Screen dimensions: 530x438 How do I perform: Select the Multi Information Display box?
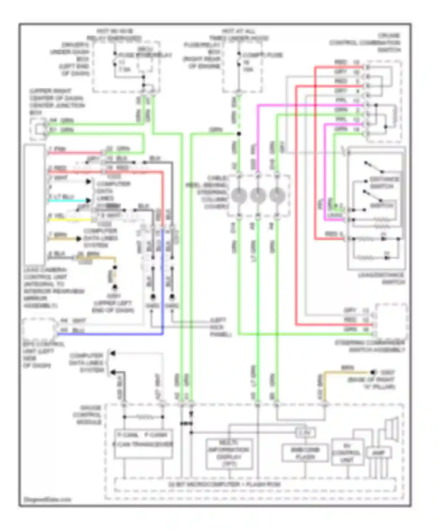pyautogui.click(x=229, y=453)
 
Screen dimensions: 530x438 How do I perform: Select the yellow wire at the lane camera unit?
pyautogui.click(x=70, y=220)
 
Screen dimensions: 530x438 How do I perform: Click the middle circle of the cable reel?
pyautogui.click(x=258, y=195)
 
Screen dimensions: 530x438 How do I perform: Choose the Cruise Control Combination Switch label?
pyautogui.click(x=365, y=43)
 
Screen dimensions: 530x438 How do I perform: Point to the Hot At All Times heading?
pyautogui.click(x=239, y=34)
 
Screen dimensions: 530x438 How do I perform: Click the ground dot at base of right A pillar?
pyautogui.click(x=373, y=372)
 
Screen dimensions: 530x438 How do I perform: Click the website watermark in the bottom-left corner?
pyautogui.click(x=47, y=499)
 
